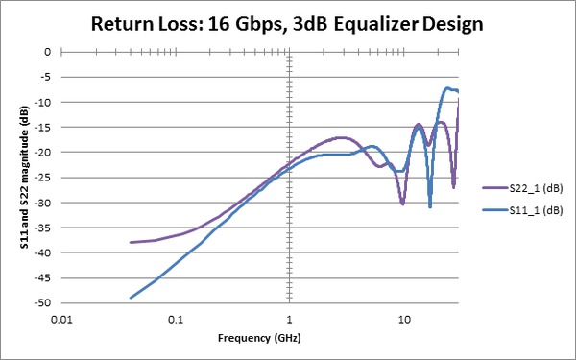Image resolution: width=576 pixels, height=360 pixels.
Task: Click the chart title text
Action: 288,23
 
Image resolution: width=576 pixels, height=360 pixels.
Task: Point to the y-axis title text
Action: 22,177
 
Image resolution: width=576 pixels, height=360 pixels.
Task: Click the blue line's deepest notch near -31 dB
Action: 430,205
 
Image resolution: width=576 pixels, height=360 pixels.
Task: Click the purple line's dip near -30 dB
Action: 402,203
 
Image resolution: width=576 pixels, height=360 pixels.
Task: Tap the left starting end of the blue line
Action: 132,298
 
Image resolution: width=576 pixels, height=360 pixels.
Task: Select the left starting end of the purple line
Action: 132,242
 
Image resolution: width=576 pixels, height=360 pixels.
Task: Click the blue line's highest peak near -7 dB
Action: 447,88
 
